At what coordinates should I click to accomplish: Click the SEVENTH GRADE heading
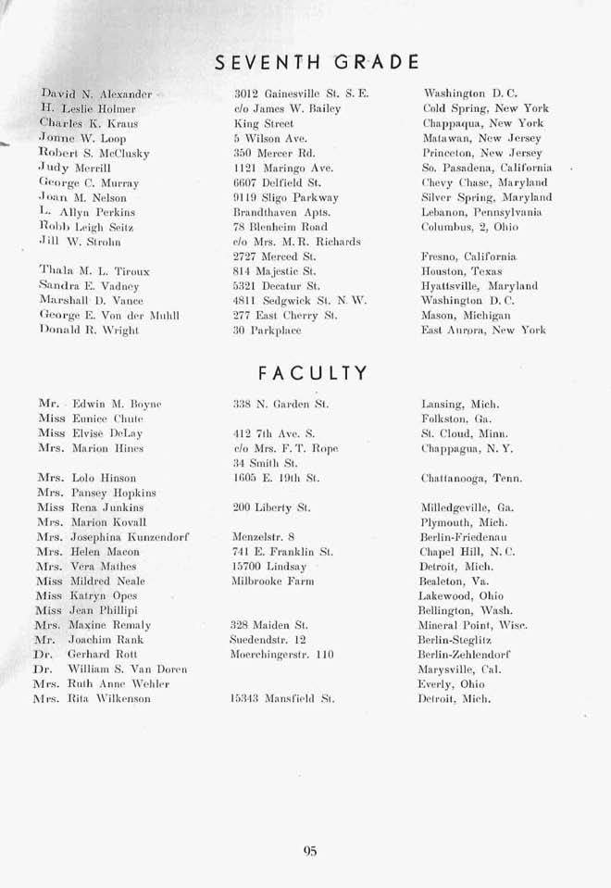pyautogui.click(x=317, y=62)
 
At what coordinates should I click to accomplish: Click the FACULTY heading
pyautogui.click(x=313, y=373)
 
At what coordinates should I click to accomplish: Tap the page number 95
pyautogui.click(x=309, y=852)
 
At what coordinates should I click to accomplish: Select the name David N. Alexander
pyautogui.click(x=96, y=94)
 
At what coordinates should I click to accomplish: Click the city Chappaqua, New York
pyautogui.click(x=482, y=123)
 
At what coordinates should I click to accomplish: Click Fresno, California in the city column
pyautogui.click(x=470, y=256)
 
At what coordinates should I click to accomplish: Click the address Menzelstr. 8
pyautogui.click(x=264, y=536)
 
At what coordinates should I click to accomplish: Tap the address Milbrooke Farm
pyautogui.click(x=273, y=581)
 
